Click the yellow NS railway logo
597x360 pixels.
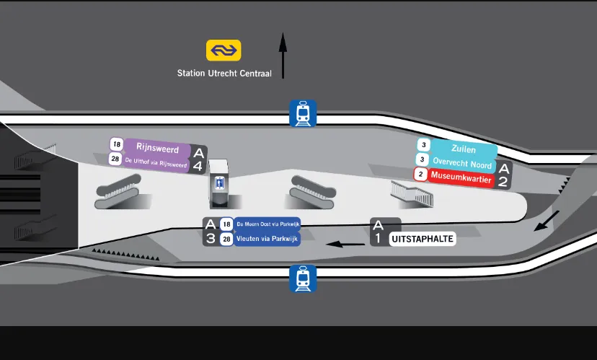(224, 50)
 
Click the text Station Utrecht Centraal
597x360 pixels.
(224, 73)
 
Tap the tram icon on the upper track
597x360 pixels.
(303, 113)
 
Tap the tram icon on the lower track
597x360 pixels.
(303, 278)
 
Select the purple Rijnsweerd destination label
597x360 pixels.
(157, 148)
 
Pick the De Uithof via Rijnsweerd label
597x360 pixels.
(156, 162)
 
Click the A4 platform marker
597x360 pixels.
(199, 159)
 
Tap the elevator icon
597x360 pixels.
(220, 184)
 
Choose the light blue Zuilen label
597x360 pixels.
(463, 149)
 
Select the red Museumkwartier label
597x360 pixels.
(461, 175)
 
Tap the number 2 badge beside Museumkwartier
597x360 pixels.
(420, 174)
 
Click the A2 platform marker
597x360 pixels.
(504, 175)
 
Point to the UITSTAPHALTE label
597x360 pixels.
(423, 239)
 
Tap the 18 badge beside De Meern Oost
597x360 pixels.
(226, 224)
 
